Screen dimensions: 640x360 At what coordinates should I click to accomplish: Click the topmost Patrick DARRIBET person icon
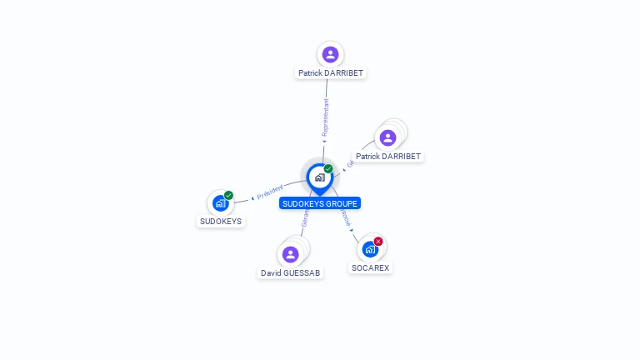(x=331, y=55)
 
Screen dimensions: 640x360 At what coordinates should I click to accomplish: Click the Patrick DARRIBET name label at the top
(x=332, y=73)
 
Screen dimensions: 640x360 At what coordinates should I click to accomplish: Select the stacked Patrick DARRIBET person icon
(x=387, y=137)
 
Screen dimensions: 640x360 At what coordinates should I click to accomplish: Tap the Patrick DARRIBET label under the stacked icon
(x=388, y=157)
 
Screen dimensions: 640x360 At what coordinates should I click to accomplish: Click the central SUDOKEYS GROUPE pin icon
(x=319, y=177)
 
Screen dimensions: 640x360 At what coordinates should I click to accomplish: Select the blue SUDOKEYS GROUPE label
(x=320, y=203)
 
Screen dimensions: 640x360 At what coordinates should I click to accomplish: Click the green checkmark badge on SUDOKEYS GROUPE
(x=328, y=169)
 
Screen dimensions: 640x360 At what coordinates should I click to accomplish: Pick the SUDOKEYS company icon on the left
(x=220, y=202)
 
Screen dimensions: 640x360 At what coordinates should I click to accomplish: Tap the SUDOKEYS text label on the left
(x=221, y=222)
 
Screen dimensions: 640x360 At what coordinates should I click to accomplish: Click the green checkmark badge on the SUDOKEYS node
(x=228, y=196)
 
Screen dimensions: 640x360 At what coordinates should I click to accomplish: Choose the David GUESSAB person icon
(x=290, y=254)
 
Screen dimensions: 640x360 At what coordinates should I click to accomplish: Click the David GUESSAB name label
(x=290, y=273)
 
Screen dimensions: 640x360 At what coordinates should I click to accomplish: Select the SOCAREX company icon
(x=370, y=248)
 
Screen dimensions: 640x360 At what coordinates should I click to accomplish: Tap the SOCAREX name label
(x=371, y=268)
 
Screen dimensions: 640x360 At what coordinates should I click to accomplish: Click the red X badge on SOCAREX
(x=378, y=242)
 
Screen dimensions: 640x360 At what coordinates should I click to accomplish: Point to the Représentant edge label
(x=326, y=117)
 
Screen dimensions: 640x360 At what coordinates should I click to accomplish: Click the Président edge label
(x=269, y=192)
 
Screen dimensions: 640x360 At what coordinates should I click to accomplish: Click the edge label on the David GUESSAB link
(x=306, y=219)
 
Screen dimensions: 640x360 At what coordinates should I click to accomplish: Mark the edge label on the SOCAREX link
(x=345, y=218)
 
